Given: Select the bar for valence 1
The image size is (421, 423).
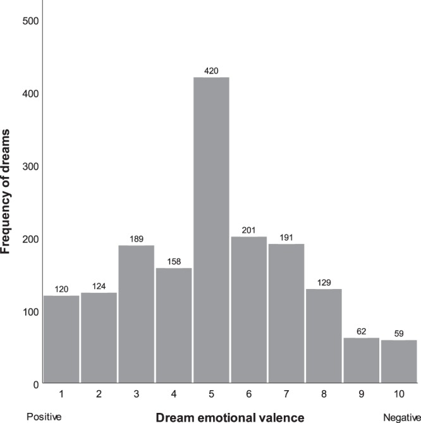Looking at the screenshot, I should (x=61, y=340).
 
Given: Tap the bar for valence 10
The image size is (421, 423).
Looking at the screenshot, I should (x=398, y=362).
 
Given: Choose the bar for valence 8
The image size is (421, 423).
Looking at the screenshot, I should (x=323, y=336).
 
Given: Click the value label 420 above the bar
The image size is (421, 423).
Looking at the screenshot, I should (x=210, y=71).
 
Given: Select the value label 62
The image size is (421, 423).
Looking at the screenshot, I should (x=361, y=331).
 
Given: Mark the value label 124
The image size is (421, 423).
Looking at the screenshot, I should (x=98, y=286).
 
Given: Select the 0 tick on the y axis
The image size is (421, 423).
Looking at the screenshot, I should (x=36, y=384).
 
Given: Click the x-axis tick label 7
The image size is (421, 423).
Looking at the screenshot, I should (x=286, y=395).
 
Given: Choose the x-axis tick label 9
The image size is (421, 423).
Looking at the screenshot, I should (x=361, y=395).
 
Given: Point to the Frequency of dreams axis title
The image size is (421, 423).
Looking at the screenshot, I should (x=8, y=189).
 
